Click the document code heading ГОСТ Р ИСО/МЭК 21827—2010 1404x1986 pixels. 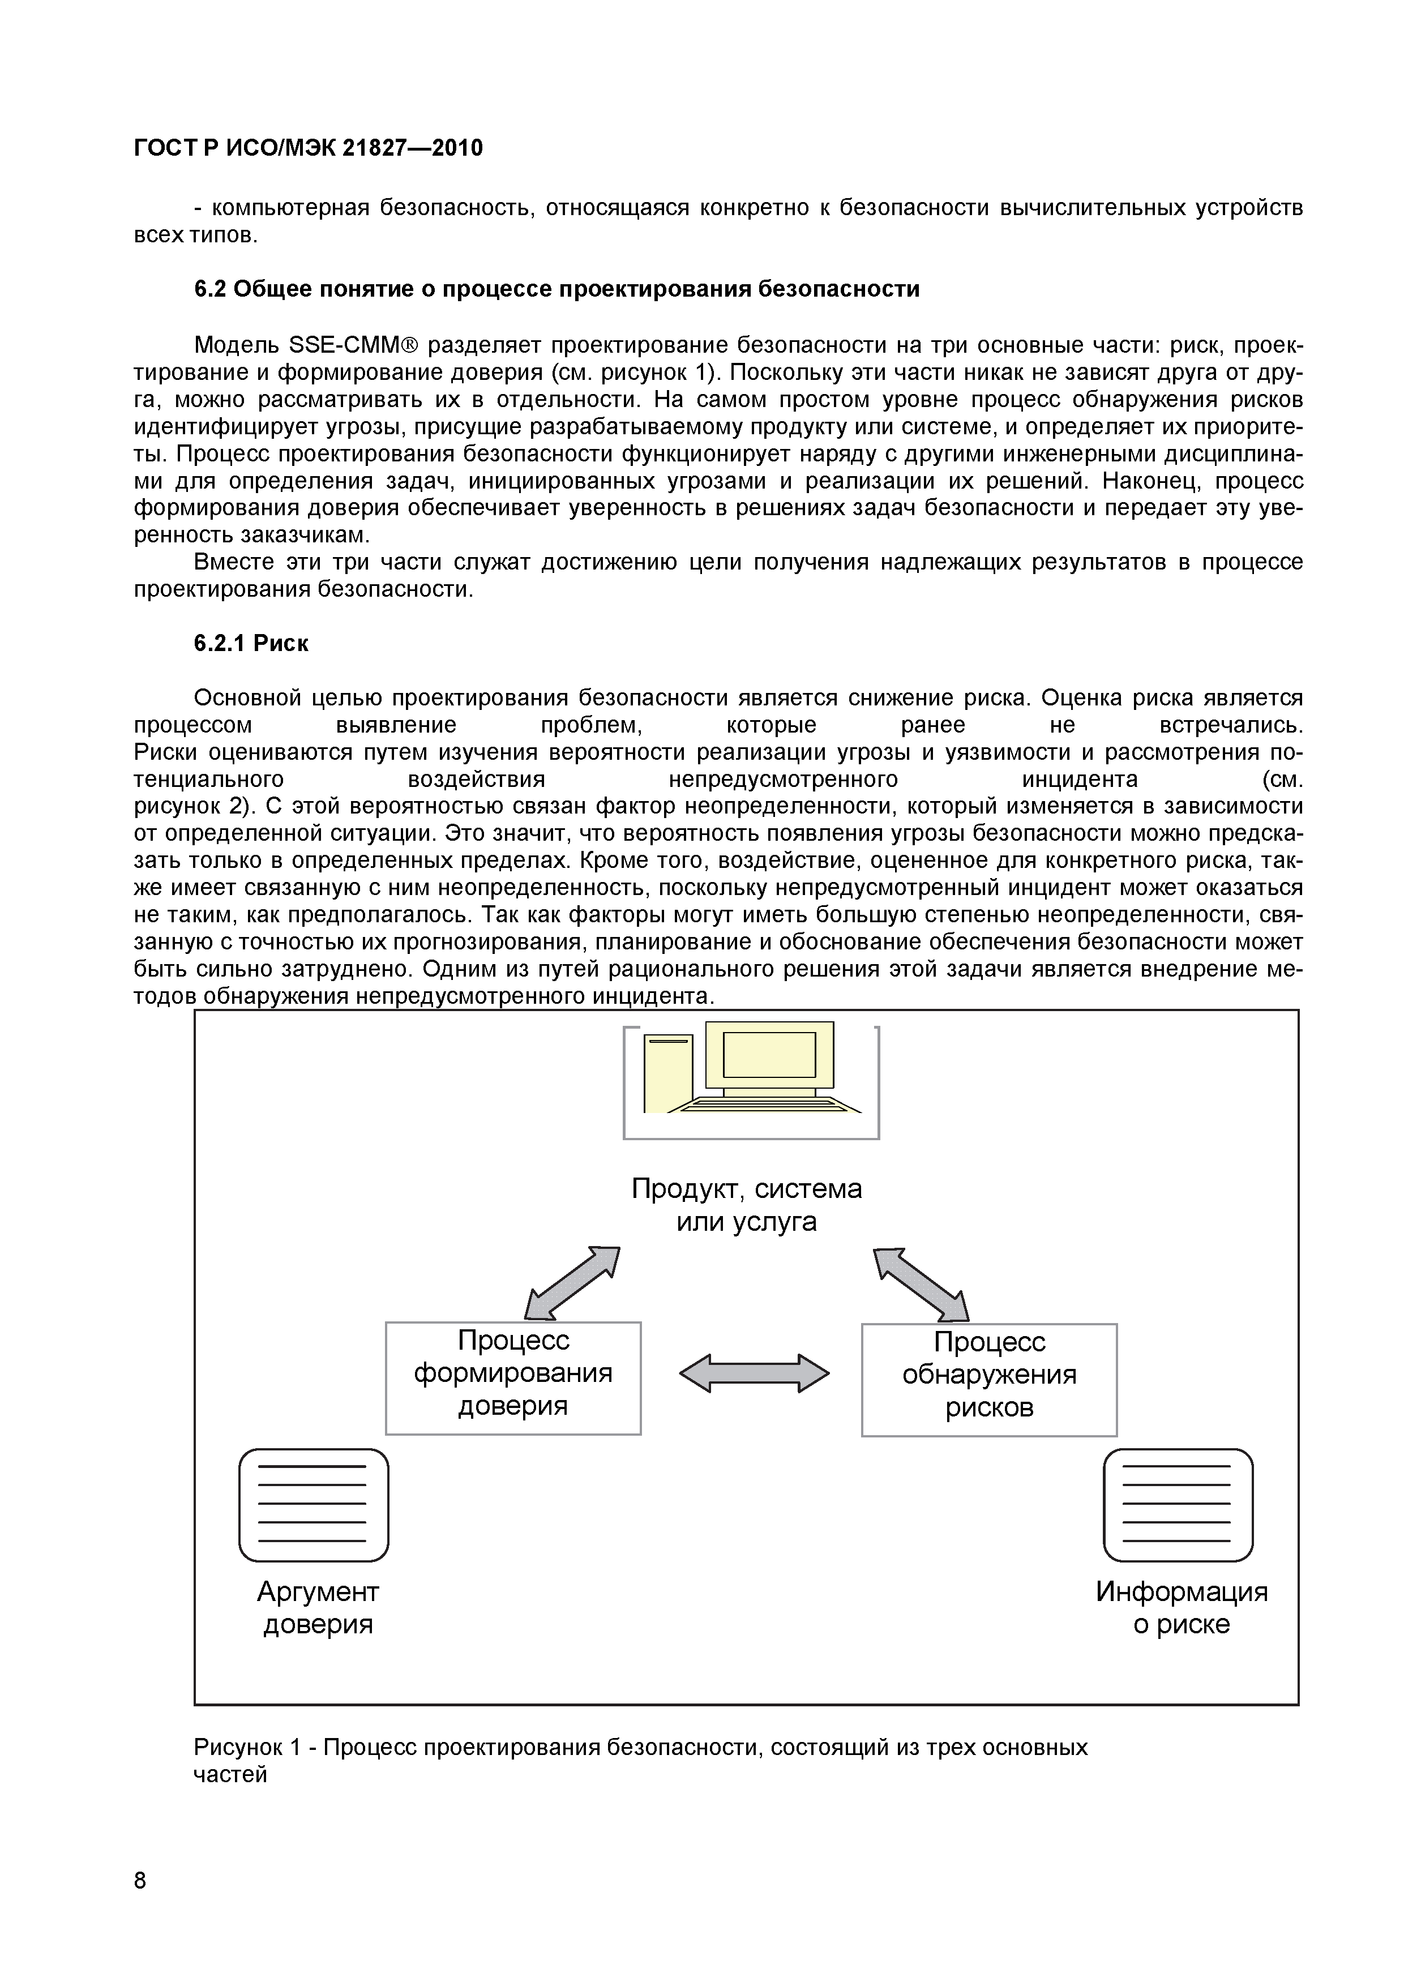tap(308, 149)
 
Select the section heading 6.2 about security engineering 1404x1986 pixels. tap(557, 289)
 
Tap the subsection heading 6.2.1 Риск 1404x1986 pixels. tap(251, 644)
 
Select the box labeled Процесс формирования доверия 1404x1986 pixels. tap(513, 1378)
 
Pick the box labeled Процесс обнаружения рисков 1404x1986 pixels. tap(989, 1380)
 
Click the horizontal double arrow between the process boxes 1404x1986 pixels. tap(754, 1373)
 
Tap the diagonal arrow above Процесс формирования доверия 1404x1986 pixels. tap(573, 1283)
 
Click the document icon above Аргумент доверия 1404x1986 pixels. tap(313, 1505)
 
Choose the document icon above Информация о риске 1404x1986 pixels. tap(1178, 1505)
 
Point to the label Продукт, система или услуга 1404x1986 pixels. tap(747, 1205)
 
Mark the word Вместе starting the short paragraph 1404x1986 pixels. tap(233, 562)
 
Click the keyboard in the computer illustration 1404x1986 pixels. tap(769, 1104)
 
